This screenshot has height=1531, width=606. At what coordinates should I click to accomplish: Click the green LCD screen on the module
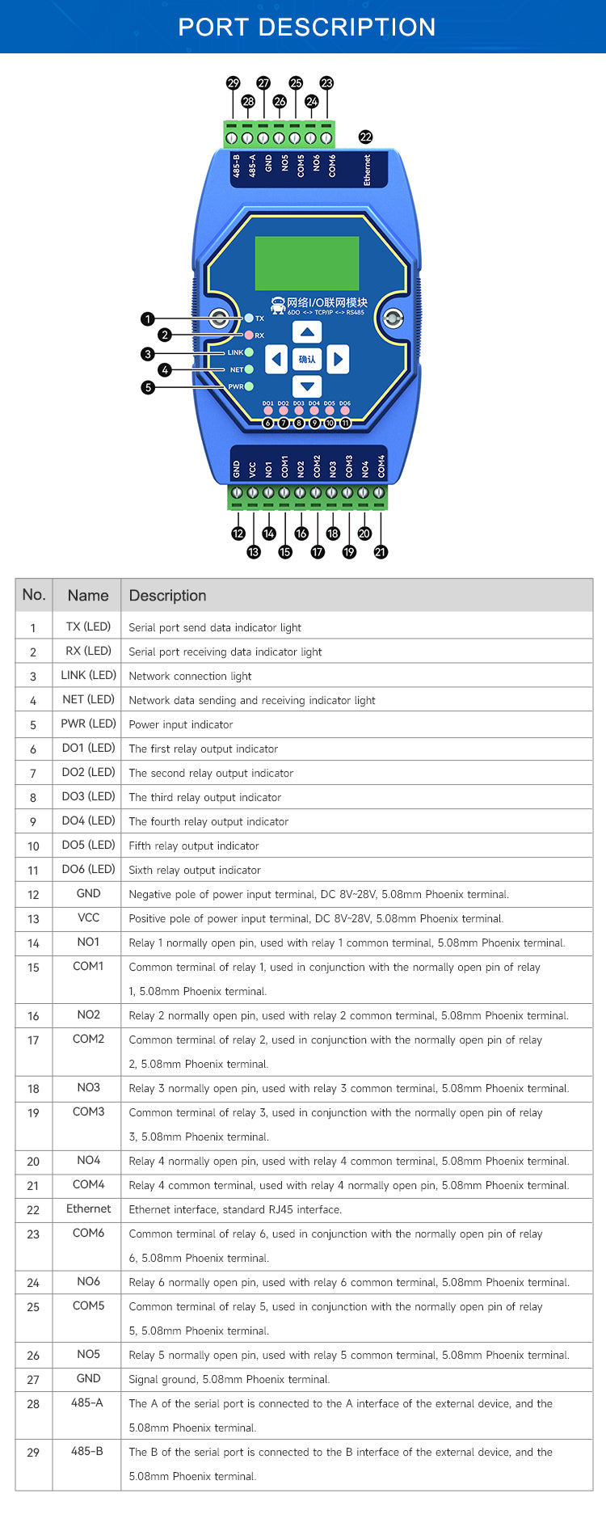[307, 264]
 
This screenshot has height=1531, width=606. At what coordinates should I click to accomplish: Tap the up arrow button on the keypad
[307, 332]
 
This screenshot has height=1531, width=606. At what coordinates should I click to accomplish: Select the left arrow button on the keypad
[276, 359]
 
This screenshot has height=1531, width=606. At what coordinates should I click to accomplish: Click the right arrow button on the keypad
[339, 359]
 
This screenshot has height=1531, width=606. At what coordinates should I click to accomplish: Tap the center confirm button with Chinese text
[307, 359]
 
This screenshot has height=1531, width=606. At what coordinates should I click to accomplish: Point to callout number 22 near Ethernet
[365, 137]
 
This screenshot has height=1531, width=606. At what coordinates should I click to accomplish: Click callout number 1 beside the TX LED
[147, 319]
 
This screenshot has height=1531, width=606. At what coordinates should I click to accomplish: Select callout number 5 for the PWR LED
[147, 387]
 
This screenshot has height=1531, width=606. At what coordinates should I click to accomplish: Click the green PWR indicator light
[249, 386]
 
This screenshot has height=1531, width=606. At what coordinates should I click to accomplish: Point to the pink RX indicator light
[249, 335]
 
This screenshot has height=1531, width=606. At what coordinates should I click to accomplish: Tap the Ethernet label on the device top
[367, 170]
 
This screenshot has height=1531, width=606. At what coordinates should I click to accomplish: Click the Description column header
[167, 596]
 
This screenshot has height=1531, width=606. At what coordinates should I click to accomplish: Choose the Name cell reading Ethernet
[88, 1209]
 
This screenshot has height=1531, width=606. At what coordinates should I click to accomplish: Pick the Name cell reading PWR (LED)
[88, 724]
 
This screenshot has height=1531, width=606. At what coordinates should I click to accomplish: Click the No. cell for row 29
[33, 1453]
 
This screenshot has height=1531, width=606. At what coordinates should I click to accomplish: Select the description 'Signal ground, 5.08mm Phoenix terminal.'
[229, 1380]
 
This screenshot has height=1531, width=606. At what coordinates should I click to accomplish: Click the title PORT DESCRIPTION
[306, 27]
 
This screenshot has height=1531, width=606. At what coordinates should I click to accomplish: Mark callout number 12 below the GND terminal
[238, 534]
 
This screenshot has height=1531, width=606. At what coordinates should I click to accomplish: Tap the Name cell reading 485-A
[87, 1403]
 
